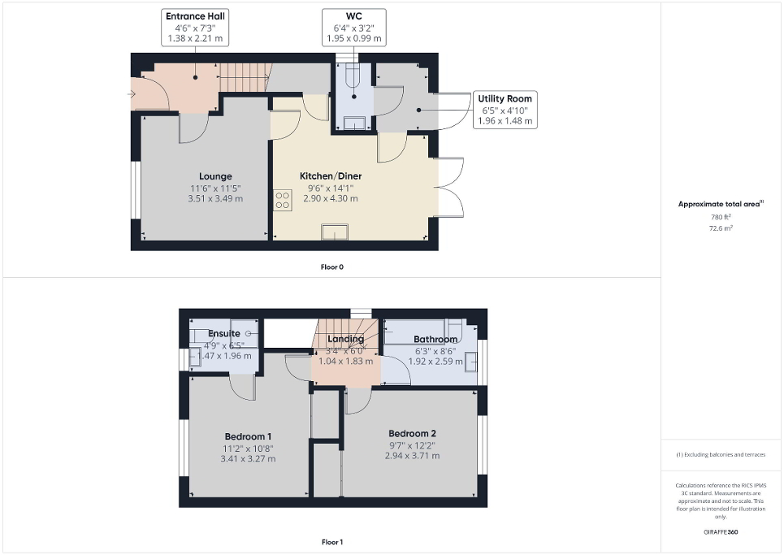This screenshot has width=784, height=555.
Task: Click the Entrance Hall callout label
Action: (195, 27)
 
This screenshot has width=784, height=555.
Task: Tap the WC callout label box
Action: (353, 27)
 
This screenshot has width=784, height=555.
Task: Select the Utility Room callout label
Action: (505, 110)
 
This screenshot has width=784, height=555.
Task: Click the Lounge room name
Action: (215, 176)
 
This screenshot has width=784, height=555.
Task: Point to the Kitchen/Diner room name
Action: (331, 176)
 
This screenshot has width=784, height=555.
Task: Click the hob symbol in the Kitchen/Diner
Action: (283, 200)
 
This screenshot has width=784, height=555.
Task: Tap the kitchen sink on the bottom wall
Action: (334, 233)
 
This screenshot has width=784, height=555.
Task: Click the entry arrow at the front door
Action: (132, 94)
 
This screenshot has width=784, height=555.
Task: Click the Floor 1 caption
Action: (332, 542)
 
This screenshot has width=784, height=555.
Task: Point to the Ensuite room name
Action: (223, 333)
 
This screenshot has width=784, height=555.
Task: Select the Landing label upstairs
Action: (345, 339)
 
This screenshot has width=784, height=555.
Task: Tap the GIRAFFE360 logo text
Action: (721, 532)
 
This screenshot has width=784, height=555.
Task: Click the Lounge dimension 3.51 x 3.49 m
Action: (215, 198)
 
